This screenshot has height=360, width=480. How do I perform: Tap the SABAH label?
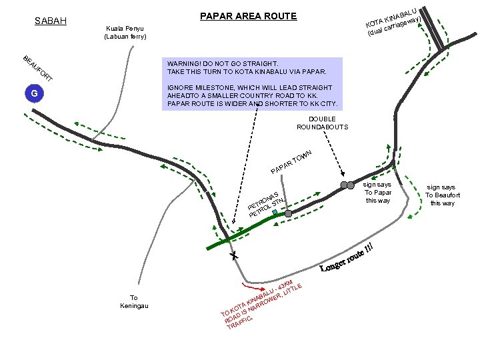50,21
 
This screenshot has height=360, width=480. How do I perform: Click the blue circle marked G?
35,93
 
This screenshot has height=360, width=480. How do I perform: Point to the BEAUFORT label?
37,67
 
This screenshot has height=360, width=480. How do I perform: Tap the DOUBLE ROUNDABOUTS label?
322,123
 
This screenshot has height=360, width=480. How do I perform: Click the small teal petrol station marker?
275,213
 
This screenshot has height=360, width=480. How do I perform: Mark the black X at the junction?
234,255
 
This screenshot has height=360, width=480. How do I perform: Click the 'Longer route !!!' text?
351,257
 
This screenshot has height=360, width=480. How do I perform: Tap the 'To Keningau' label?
134,301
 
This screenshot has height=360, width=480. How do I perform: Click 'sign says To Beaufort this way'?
441,195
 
